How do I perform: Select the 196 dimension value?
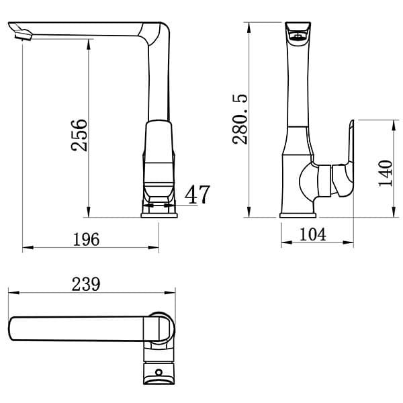[x=87, y=239]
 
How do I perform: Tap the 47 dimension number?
[x=197, y=194]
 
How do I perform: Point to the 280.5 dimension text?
[x=240, y=119]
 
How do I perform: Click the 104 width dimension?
[x=314, y=234]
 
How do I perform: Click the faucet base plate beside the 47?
[x=159, y=214]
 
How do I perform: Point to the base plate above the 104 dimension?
[x=298, y=214]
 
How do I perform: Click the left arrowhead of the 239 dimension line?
[x=11, y=293]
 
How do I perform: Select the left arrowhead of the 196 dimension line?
[x=26, y=249]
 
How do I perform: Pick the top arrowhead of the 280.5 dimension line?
[x=250, y=26]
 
